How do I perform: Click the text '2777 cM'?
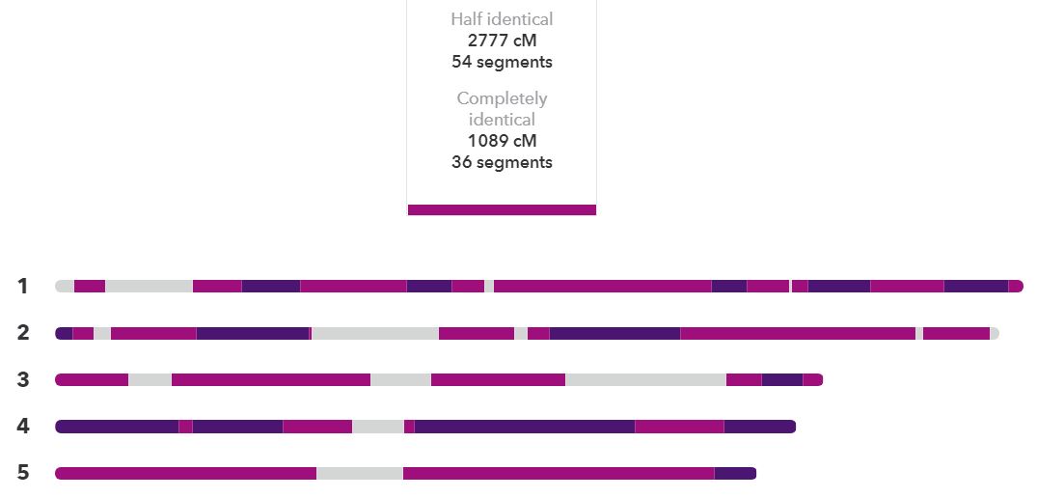pyautogui.click(x=502, y=41)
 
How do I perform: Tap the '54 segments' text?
pyautogui.click(x=502, y=62)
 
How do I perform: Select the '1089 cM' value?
pyautogui.click(x=502, y=141)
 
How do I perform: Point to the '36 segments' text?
pyautogui.click(x=502, y=162)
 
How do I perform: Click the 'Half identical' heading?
pyautogui.click(x=502, y=19)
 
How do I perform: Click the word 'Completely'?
pyautogui.click(x=502, y=98)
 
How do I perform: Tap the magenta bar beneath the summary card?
pyautogui.click(x=502, y=209)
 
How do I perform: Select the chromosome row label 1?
pyautogui.click(x=23, y=286)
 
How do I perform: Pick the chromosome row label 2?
pyautogui.click(x=23, y=333)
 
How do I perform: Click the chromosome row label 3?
pyautogui.click(x=23, y=379)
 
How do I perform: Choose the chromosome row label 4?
pyautogui.click(x=23, y=427)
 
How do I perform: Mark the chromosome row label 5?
pyautogui.click(x=23, y=473)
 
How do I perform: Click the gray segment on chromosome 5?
pyautogui.click(x=360, y=473)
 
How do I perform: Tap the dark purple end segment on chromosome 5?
pyautogui.click(x=735, y=473)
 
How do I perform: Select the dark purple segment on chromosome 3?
pyautogui.click(x=782, y=379)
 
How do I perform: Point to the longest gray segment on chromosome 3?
pyautogui.click(x=645, y=379)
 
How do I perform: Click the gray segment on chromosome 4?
pyautogui.click(x=378, y=427)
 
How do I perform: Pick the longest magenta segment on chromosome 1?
pyautogui.click(x=603, y=286)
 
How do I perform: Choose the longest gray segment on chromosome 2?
pyautogui.click(x=375, y=333)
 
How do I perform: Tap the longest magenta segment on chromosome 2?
pyautogui.click(x=798, y=333)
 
